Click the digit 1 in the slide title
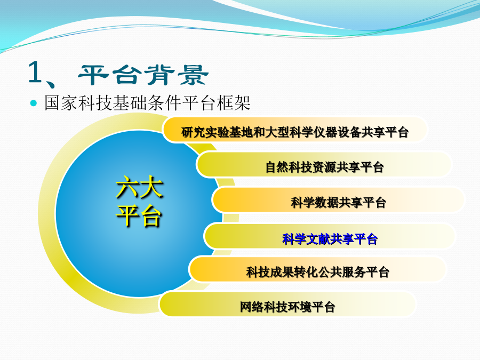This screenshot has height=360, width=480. (x=36, y=72)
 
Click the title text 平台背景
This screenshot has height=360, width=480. (x=143, y=75)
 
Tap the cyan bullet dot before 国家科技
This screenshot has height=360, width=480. (x=34, y=103)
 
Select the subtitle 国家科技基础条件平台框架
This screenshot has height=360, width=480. (x=148, y=102)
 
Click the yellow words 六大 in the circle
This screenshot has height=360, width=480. (x=140, y=187)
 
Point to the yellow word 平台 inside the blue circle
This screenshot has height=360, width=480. (x=139, y=216)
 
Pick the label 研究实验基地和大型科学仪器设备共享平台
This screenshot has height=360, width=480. (x=295, y=132)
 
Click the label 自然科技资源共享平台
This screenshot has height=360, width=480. (x=324, y=167)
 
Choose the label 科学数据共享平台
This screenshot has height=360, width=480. (x=338, y=202)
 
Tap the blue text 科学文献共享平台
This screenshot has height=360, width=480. (x=330, y=239)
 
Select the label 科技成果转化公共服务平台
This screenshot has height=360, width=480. (x=318, y=272)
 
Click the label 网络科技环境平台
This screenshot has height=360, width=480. (x=287, y=307)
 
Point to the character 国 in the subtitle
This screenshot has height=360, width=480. (x=53, y=102)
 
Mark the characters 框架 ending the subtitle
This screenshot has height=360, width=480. (x=234, y=102)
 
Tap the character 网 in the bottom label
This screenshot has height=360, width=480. (x=246, y=307)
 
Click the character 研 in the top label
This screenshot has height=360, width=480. (x=187, y=132)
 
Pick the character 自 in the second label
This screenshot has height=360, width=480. (x=271, y=167)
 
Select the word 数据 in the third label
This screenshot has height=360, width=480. (x=326, y=202)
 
